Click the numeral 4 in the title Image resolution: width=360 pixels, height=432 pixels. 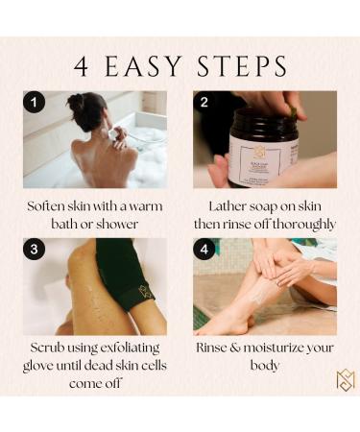pos(82,65)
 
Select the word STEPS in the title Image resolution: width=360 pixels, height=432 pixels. pos(243,65)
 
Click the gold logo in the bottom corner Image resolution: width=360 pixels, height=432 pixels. pos(345,380)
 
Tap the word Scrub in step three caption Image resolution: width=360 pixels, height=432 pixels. pos(45,348)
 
